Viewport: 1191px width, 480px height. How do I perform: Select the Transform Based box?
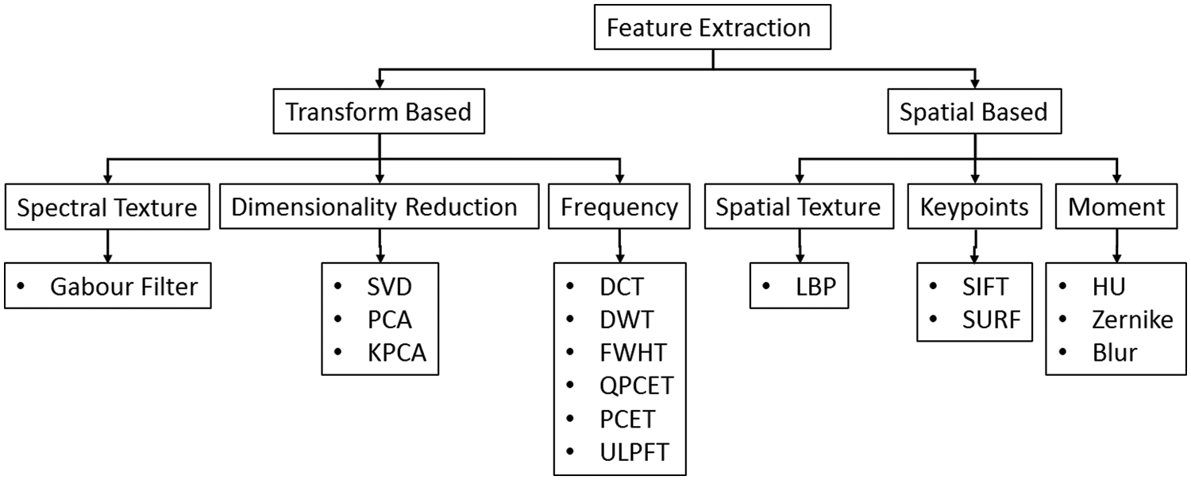click(379, 112)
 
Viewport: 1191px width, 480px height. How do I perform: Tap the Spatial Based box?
click(974, 112)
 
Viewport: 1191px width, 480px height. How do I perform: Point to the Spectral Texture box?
click(107, 208)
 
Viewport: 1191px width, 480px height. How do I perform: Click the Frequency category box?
click(619, 208)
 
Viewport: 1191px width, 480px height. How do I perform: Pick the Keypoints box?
click(974, 208)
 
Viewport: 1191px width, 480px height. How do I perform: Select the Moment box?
click(1116, 208)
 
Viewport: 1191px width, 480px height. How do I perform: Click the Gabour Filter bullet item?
click(123, 287)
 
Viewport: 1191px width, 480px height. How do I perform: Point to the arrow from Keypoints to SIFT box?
click(974, 249)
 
